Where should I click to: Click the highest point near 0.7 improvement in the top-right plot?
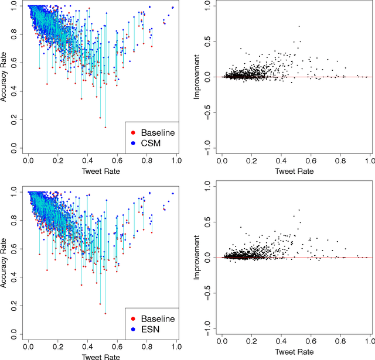[x=299, y=26]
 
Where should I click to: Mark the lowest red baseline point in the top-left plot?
[x=105, y=127]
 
